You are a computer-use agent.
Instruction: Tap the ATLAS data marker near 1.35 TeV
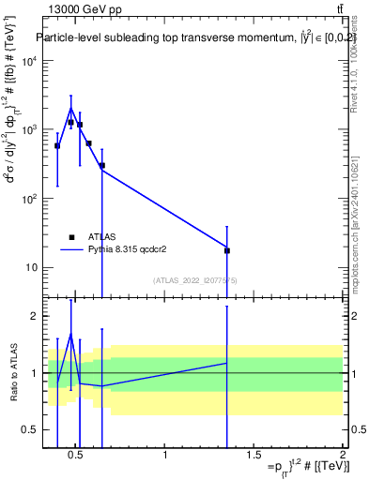(x=226, y=250)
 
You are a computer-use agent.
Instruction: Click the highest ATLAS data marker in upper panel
(x=70, y=122)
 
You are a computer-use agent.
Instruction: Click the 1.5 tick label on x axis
(x=254, y=456)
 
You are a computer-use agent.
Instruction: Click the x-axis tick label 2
(x=342, y=456)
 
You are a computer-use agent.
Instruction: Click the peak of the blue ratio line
(x=70, y=334)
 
